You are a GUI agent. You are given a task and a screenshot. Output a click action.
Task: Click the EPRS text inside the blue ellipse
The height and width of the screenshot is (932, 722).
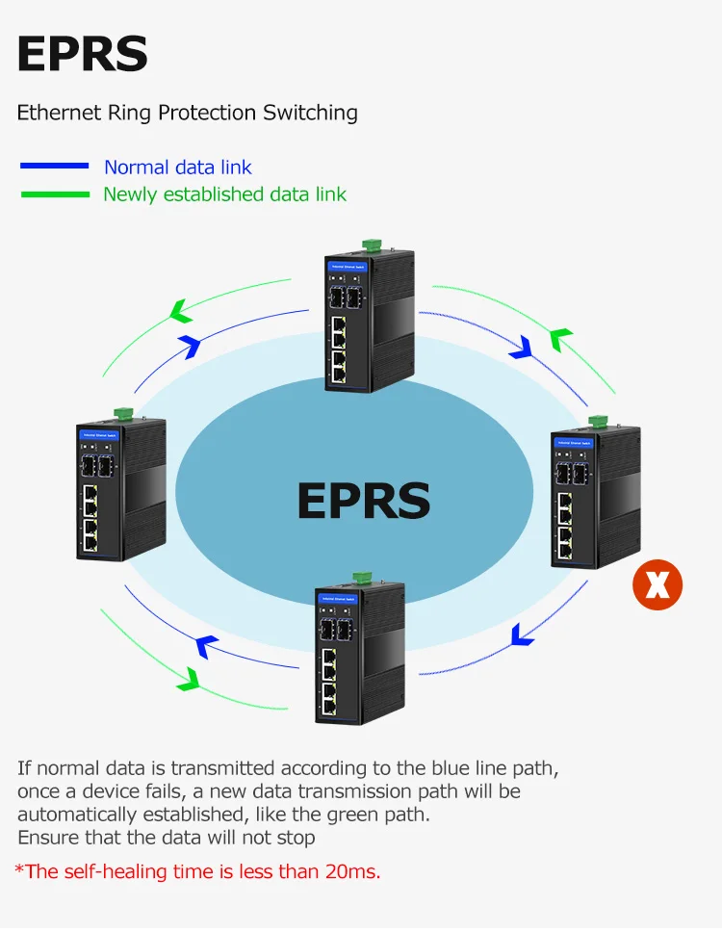(363, 501)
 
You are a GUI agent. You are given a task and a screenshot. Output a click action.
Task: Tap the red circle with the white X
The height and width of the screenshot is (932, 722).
(658, 585)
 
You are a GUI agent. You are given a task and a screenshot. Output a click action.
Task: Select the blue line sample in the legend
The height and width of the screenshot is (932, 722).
(54, 167)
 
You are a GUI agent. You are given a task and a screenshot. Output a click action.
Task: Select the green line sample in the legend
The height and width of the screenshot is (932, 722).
(54, 194)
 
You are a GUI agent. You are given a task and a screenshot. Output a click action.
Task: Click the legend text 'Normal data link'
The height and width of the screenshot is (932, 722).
(178, 167)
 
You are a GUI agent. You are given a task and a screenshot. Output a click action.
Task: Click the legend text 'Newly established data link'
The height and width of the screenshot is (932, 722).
(224, 194)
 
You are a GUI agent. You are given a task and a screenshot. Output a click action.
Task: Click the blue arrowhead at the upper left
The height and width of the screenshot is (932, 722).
(190, 343)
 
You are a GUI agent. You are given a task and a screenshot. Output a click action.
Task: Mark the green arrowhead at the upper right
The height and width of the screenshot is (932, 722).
(560, 339)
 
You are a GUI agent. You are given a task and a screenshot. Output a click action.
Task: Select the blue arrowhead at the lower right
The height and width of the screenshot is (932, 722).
(522, 634)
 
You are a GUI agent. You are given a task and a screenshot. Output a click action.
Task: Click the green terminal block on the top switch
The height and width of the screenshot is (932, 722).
(372, 247)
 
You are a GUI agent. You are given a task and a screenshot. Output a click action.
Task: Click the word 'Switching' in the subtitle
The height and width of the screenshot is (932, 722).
(310, 113)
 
